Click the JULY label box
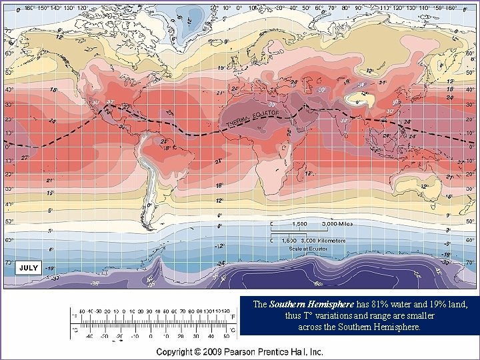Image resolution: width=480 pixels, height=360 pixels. [29, 267]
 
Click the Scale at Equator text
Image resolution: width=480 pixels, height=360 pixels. [307, 248]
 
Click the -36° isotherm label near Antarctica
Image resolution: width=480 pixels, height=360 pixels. [95, 283]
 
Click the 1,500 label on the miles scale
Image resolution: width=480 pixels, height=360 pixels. [299, 224]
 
